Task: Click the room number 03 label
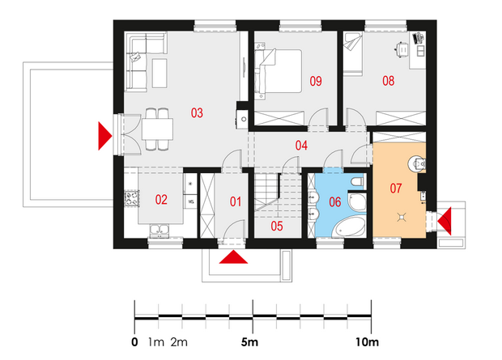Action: tap(197, 113)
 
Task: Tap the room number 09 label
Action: tap(316, 81)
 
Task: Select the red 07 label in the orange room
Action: tap(396, 188)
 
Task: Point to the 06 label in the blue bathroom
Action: tap(335, 202)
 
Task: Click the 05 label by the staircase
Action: tap(277, 227)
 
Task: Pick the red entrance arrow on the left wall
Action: tap(104, 136)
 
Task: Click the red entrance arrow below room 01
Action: tap(233, 257)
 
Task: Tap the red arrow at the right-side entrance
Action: tap(445, 221)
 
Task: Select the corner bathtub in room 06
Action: tap(349, 227)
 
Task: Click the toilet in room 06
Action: tap(357, 182)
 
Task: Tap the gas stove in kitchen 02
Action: tap(132, 198)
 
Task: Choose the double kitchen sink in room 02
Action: tap(160, 231)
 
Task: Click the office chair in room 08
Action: tap(402, 49)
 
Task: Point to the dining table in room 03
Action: tap(158, 129)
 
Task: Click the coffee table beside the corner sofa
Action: tap(160, 73)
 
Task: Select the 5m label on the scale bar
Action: tap(249, 342)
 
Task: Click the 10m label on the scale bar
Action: tap(367, 342)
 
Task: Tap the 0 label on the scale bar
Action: tap(134, 342)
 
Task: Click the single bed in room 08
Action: tap(353, 53)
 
